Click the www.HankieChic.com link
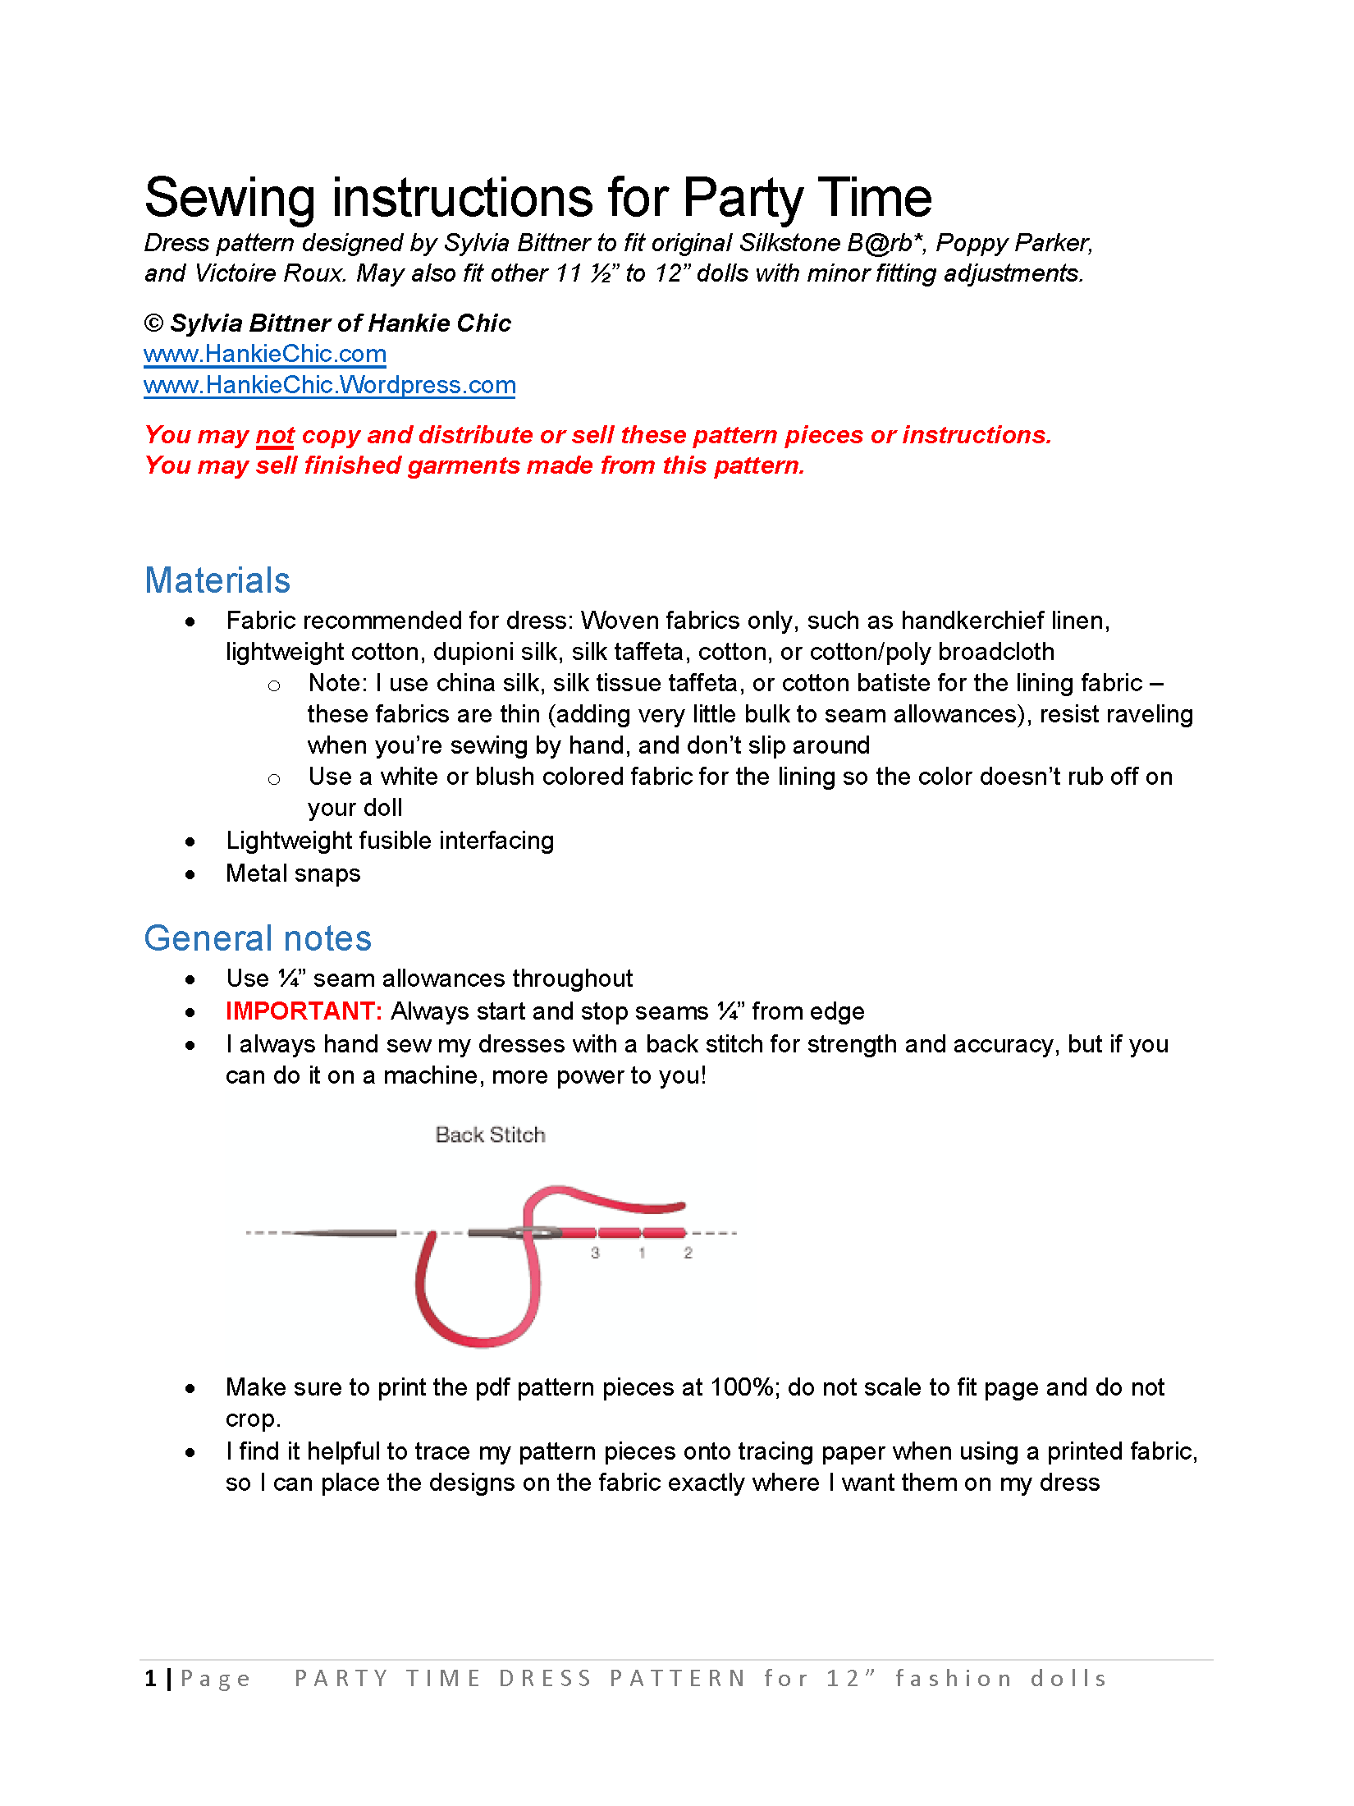point(264,354)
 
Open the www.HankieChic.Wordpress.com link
point(329,385)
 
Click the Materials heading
point(217,580)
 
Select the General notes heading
point(258,938)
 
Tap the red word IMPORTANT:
point(304,1011)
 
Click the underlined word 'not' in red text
point(275,435)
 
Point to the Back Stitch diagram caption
point(490,1134)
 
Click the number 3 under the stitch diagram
point(595,1254)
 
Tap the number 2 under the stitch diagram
point(688,1254)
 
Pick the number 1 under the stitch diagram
point(642,1254)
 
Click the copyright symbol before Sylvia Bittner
point(153,323)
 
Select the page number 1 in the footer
point(150,1679)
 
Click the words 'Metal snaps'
point(293,873)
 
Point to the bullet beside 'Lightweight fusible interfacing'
point(190,841)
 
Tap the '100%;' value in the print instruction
point(745,1387)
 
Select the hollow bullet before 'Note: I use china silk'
point(274,685)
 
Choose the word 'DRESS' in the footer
point(546,1679)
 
